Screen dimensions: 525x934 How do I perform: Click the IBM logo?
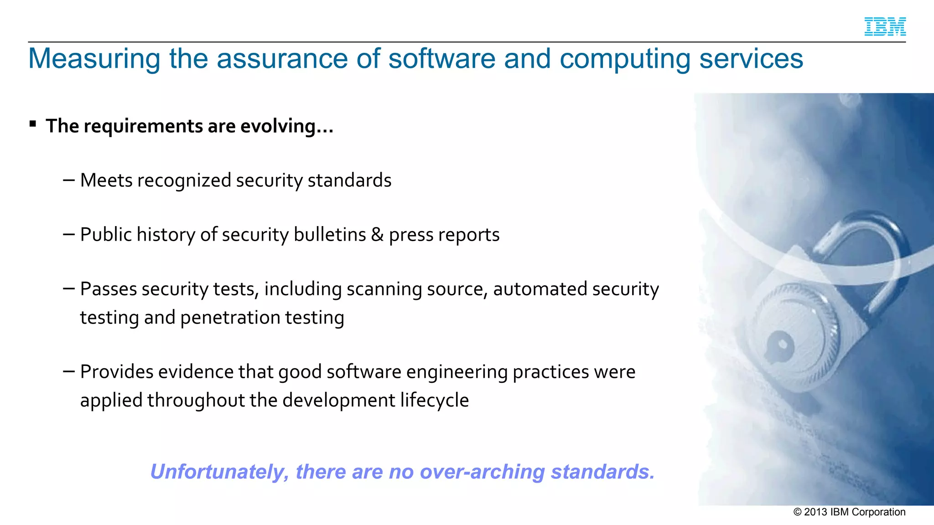click(x=885, y=26)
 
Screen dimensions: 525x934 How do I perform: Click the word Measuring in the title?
click(x=94, y=59)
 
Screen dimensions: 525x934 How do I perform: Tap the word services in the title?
click(x=751, y=59)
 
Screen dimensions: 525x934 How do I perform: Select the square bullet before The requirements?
click(x=33, y=124)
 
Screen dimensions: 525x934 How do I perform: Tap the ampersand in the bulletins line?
click(x=377, y=235)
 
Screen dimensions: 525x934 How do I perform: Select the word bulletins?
click(x=330, y=235)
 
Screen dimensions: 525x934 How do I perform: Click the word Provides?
click(x=117, y=372)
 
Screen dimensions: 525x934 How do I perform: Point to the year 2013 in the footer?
click(x=815, y=512)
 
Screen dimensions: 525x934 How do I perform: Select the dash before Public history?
click(x=69, y=235)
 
